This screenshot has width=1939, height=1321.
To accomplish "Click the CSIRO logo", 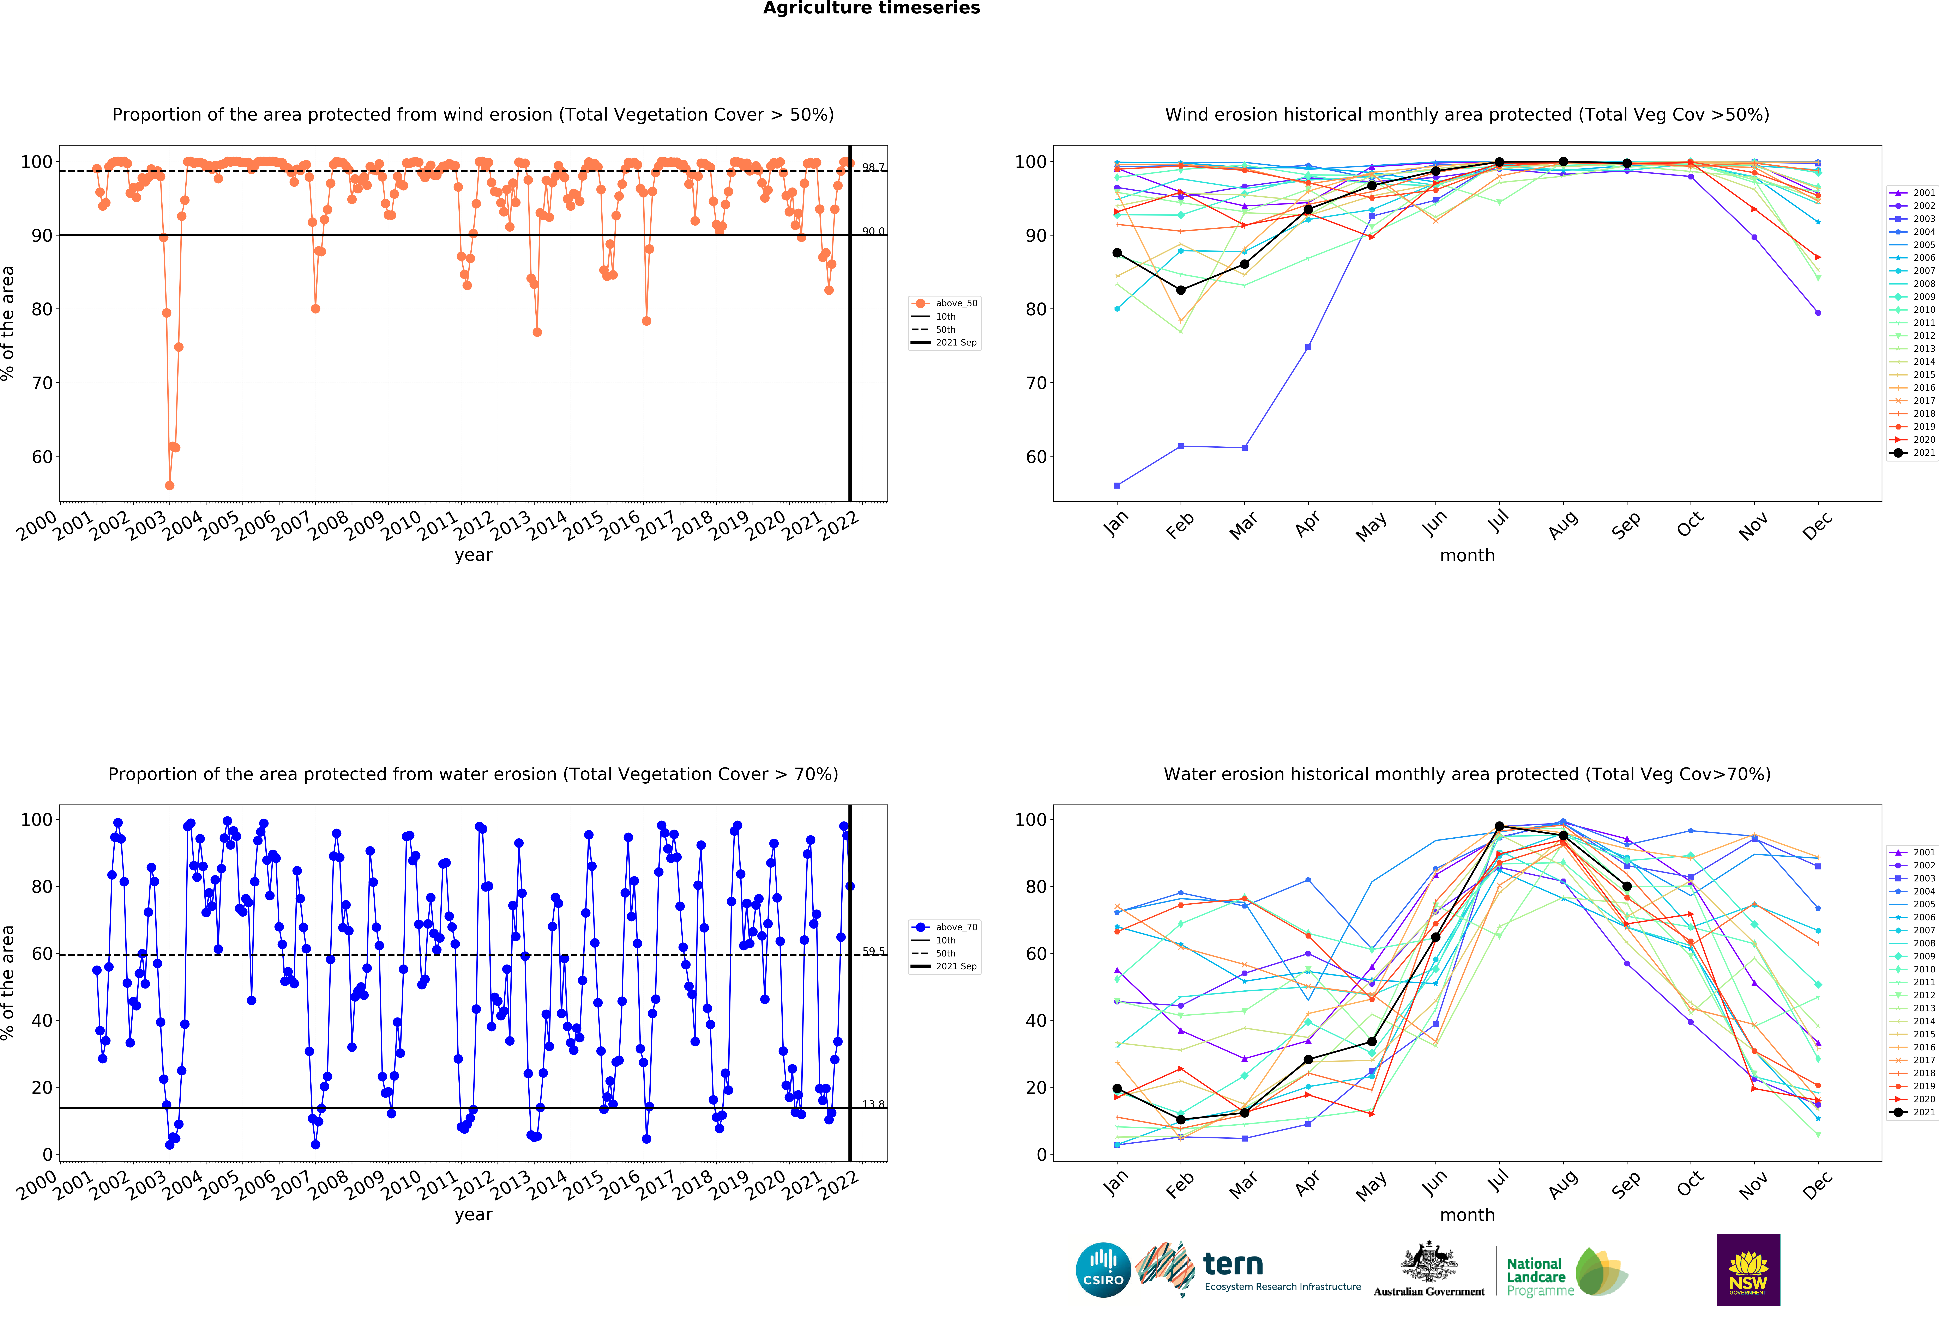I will [x=1103, y=1270].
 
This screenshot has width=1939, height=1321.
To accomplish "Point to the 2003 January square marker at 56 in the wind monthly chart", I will [x=1117, y=485].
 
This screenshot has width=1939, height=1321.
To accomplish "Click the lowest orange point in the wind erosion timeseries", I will [x=169, y=485].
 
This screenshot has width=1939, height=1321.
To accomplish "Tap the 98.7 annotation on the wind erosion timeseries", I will [x=873, y=168].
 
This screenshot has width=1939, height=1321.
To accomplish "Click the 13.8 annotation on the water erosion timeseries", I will [x=873, y=1104].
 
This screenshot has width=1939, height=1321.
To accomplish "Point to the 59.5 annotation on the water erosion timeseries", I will [x=873, y=951].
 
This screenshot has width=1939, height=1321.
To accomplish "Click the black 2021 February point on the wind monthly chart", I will [x=1181, y=290].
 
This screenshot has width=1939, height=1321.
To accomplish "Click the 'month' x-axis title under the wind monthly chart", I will [x=1467, y=555].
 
